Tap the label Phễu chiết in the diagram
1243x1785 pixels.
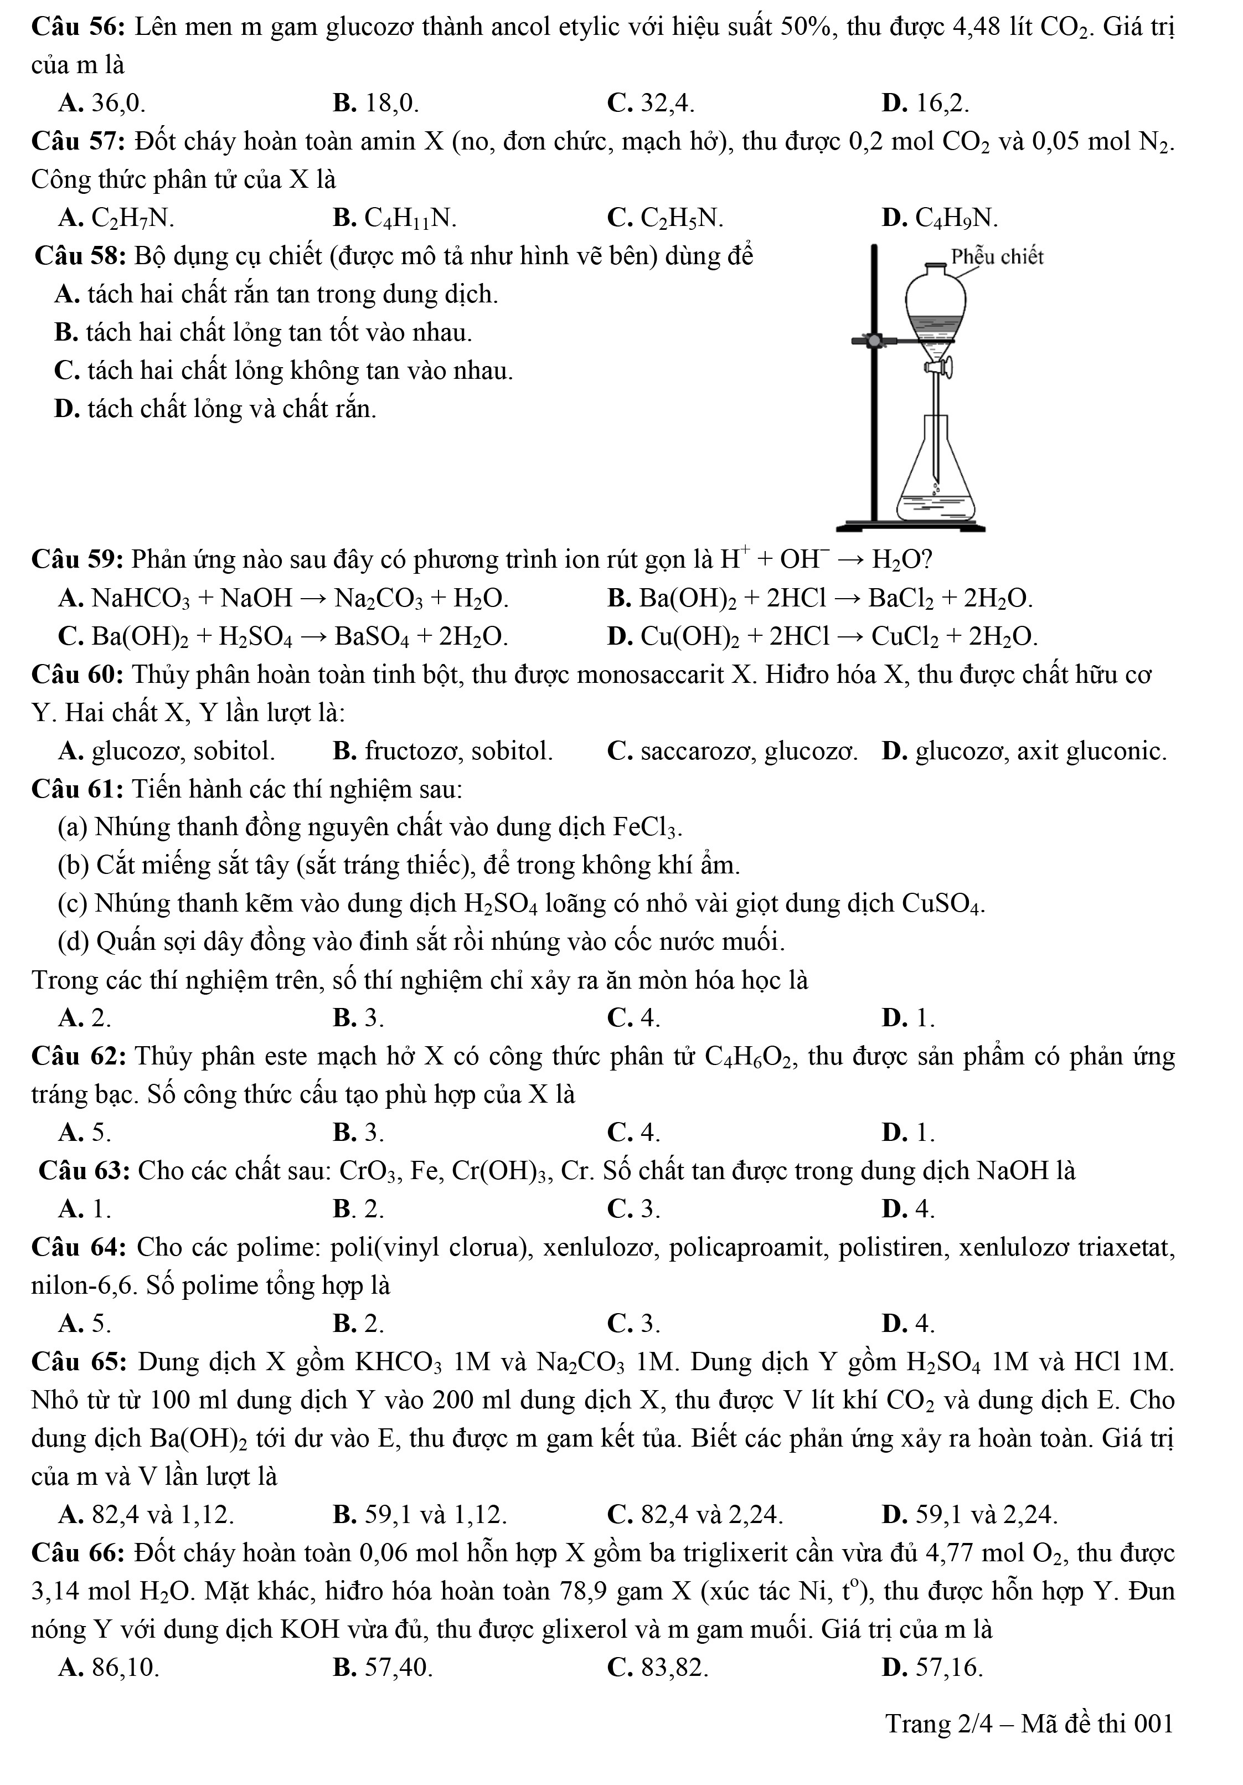(997, 256)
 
